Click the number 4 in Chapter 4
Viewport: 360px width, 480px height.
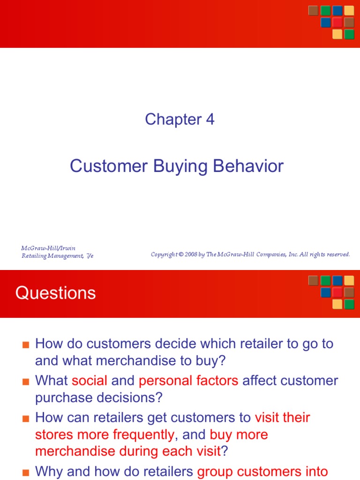[x=210, y=120]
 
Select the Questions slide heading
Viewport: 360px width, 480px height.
[x=55, y=293]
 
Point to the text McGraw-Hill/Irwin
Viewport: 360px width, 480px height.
[x=48, y=248]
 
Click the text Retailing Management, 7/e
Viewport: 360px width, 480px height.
[x=57, y=255]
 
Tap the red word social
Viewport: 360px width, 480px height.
[x=90, y=381]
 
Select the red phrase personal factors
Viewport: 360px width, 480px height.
[x=188, y=381]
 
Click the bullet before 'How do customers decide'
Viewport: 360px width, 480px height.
[x=26, y=345]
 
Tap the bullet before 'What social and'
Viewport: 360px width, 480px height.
[x=26, y=381]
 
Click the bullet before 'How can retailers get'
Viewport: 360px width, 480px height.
[x=26, y=418]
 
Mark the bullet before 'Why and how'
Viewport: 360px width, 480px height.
[x=26, y=471]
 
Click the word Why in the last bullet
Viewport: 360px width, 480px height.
[x=49, y=471]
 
